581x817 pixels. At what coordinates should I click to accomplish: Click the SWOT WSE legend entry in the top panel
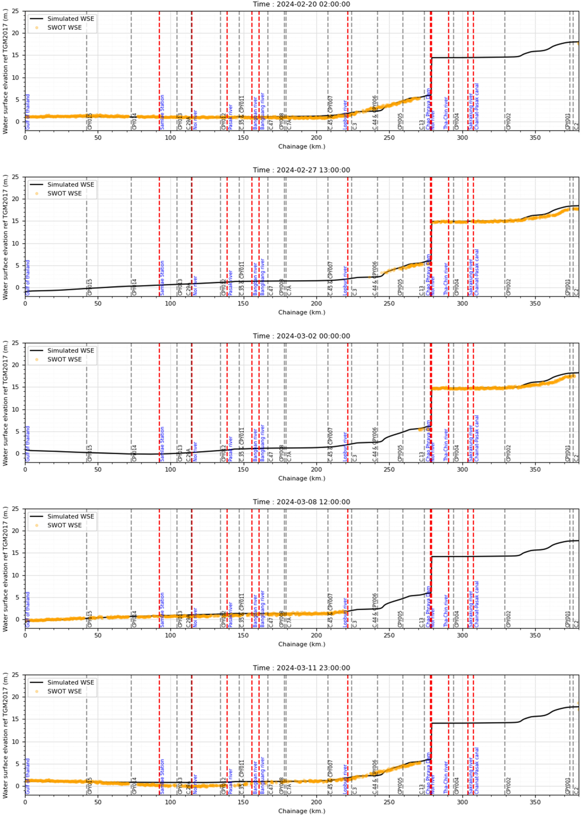coord(64,27)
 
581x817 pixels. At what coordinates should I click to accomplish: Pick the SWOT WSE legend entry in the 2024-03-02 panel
coord(64,359)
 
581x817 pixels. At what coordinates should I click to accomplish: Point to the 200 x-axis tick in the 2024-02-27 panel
coord(316,303)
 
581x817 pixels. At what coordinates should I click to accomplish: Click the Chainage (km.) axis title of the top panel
coord(302,146)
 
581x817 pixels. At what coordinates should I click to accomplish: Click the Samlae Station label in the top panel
coord(162,112)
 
